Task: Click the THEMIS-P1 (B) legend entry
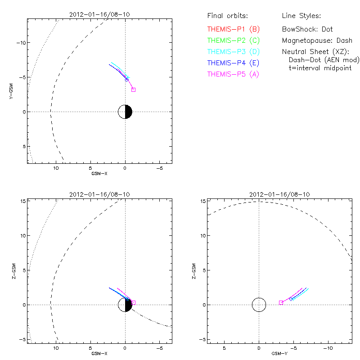234,29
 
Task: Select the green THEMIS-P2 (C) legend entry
234,40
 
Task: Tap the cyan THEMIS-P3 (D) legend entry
234,52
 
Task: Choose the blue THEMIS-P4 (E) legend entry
234,63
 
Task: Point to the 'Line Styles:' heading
301,16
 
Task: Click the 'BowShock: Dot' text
307,29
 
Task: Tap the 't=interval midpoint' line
319,68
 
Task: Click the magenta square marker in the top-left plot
133,90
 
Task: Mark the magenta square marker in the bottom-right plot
281,303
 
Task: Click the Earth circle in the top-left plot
125,112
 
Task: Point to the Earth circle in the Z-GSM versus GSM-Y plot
259,305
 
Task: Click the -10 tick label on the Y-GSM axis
22,42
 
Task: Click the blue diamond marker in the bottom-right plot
291,299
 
